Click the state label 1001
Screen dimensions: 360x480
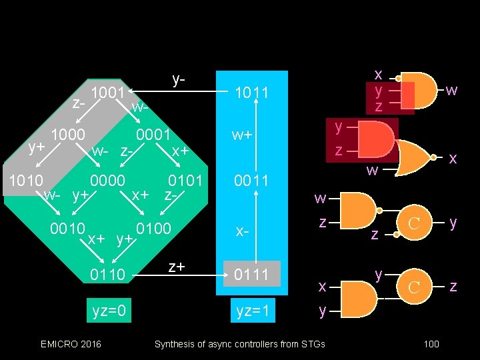(109, 92)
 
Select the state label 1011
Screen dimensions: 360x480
(251, 93)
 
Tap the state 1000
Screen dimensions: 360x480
(69, 135)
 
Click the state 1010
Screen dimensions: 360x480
(25, 181)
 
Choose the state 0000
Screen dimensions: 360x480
(108, 181)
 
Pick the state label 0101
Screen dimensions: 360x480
(185, 181)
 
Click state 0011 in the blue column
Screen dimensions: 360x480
(251, 181)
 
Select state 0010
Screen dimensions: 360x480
(67, 229)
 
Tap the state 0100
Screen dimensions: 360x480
(155, 229)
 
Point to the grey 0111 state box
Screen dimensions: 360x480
(251, 274)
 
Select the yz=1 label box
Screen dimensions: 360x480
(251, 310)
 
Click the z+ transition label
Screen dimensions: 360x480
(176, 267)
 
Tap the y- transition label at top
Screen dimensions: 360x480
(179, 80)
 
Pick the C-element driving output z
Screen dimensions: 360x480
(413, 287)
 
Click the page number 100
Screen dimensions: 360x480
(431, 344)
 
